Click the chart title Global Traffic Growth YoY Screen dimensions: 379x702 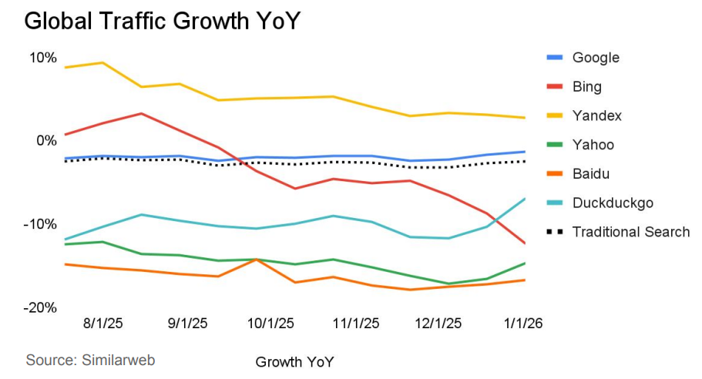[162, 21]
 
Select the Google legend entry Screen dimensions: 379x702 [595, 58]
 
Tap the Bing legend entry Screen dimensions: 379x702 [586, 87]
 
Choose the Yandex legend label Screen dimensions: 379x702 [596, 116]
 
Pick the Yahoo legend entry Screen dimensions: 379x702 [593, 145]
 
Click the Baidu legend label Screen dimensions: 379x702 [592, 174]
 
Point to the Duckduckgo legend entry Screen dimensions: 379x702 [613, 203]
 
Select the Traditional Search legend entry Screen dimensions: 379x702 [630, 232]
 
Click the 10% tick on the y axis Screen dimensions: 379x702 [43, 58]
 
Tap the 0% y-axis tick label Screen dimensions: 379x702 [47, 141]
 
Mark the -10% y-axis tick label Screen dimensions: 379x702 [42, 224]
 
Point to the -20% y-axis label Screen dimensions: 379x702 [42, 308]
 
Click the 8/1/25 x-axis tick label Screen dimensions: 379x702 [103, 324]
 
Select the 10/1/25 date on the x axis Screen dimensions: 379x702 [269, 324]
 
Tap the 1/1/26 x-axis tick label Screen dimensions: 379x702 [523, 324]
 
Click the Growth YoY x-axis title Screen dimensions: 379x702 [295, 361]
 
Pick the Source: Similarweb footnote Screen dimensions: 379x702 [85, 360]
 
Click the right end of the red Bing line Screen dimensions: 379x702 [526, 243]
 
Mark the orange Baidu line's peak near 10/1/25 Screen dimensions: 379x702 [257, 260]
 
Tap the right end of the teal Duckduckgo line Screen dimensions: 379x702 [526, 199]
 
